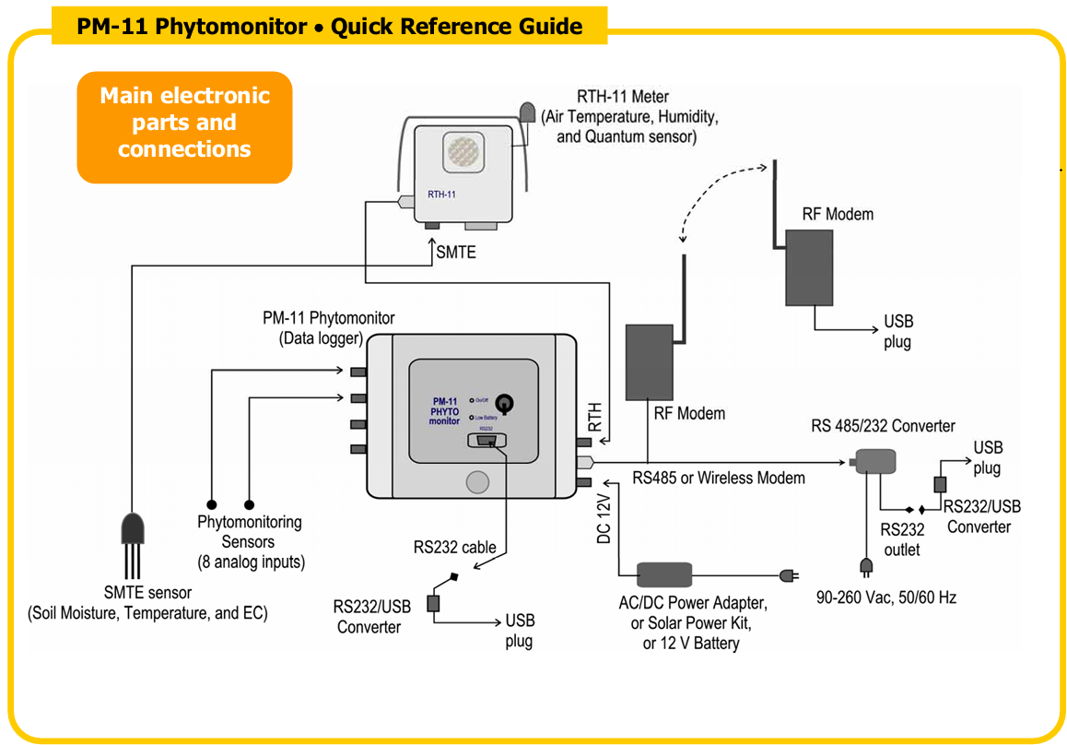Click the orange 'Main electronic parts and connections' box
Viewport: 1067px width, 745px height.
pyautogui.click(x=184, y=123)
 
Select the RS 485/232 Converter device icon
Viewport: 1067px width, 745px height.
pyautogui.click(x=874, y=462)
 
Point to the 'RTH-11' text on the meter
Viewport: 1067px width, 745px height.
pyautogui.click(x=443, y=195)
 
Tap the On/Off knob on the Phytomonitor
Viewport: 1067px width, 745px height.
pyautogui.click(x=505, y=403)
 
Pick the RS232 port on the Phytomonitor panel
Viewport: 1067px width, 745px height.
pyautogui.click(x=487, y=442)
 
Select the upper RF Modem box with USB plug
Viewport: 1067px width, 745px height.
pyautogui.click(x=809, y=267)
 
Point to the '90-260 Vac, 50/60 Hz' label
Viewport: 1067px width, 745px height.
pyautogui.click(x=886, y=597)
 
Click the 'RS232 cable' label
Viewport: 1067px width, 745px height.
pyautogui.click(x=454, y=547)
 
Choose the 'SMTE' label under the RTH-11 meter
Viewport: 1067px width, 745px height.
pyautogui.click(x=456, y=251)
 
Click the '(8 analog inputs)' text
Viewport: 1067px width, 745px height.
pyautogui.click(x=251, y=562)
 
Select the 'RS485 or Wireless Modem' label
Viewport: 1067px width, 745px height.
pyautogui.click(x=719, y=478)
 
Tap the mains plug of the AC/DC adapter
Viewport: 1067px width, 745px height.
pyautogui.click(x=789, y=576)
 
